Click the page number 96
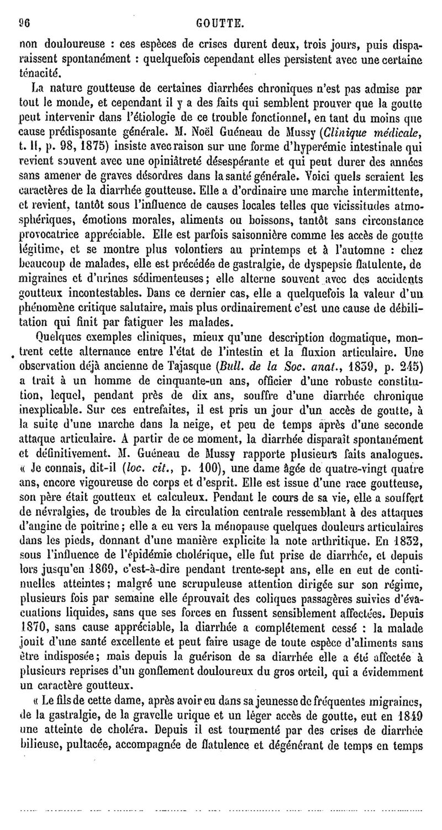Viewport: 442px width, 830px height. tap(24, 24)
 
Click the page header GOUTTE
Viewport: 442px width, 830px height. tap(220, 24)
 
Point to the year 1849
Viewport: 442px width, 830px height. tap(409, 718)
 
